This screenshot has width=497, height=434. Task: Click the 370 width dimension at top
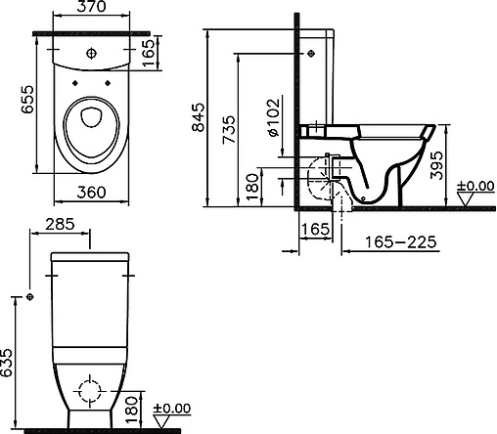point(91,7)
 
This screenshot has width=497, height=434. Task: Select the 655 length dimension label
point(27,100)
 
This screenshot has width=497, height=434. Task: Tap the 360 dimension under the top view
point(91,193)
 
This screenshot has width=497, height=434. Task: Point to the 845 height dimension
point(198,117)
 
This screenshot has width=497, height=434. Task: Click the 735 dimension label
point(228,130)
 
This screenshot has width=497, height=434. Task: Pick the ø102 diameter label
point(273,117)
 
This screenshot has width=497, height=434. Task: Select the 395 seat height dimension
point(436,165)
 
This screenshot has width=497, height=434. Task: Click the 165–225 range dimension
point(400,242)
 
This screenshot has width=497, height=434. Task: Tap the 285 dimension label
point(60,224)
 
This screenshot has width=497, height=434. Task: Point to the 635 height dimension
point(6,363)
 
